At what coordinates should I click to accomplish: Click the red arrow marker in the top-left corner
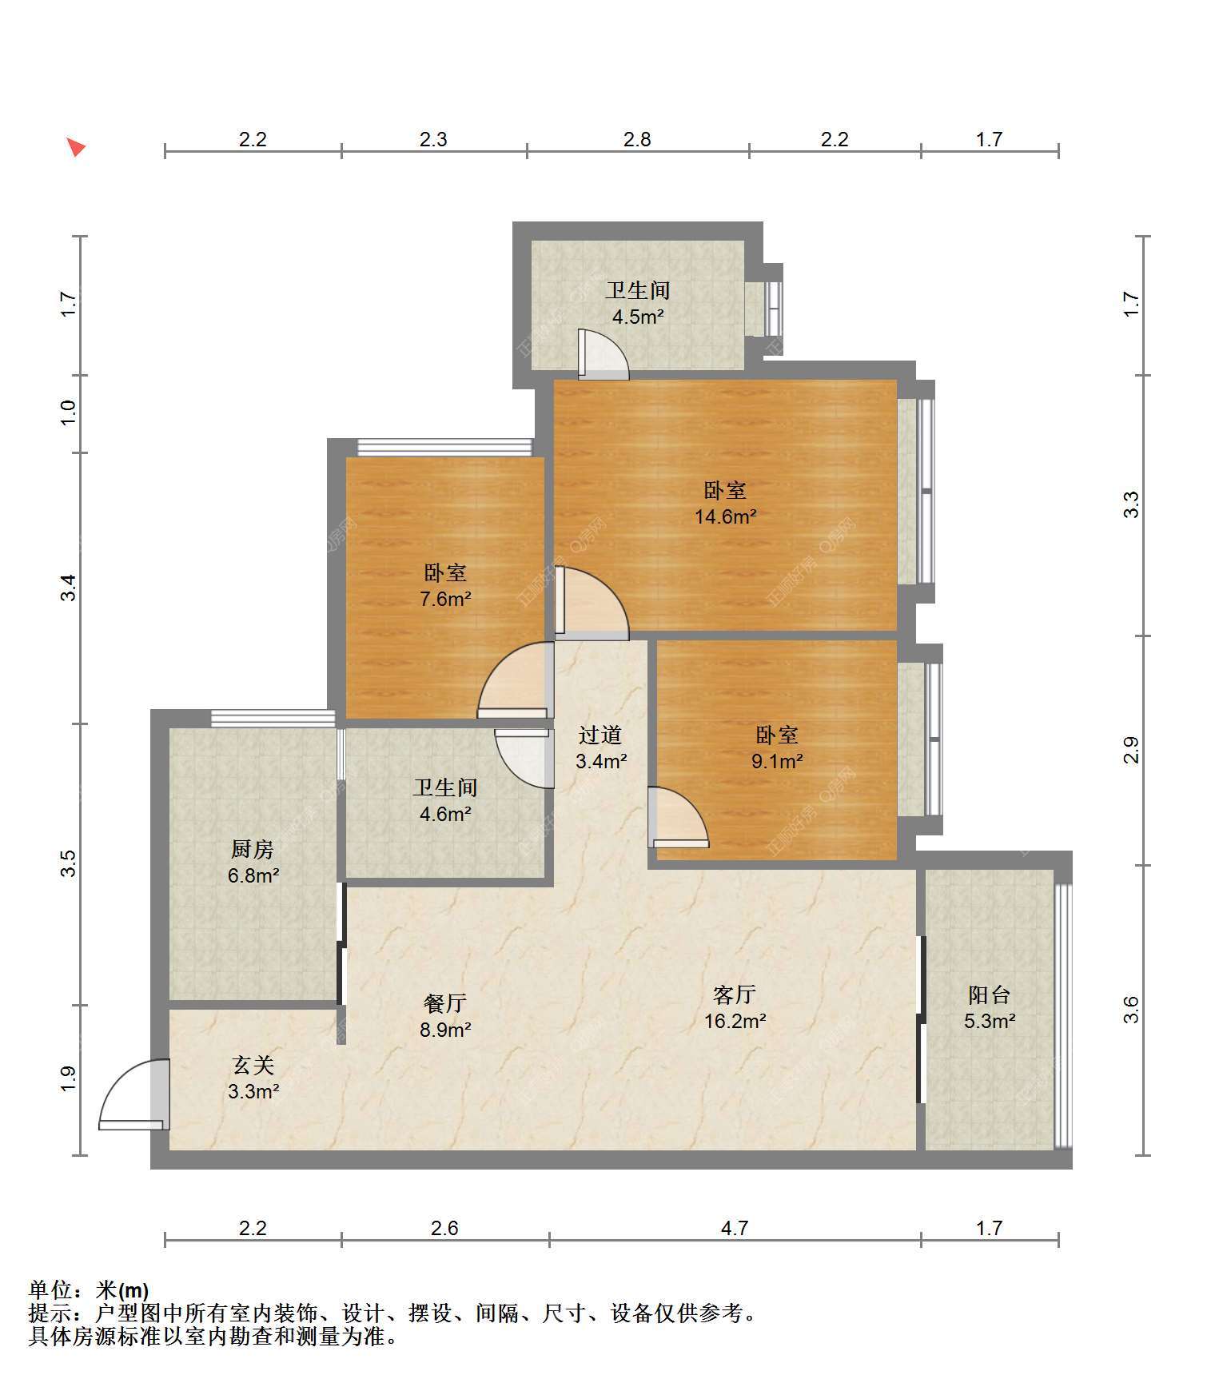coord(76,147)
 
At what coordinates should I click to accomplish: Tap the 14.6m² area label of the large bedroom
coord(725,516)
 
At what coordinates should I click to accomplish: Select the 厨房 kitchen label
coord(253,849)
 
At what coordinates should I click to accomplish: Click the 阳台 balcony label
coord(989,994)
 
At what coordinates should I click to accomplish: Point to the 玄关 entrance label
coord(253,1065)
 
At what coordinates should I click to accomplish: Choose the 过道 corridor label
coord(600,735)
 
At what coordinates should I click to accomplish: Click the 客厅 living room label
coord(735,994)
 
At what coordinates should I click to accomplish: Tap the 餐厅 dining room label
coord(445,1003)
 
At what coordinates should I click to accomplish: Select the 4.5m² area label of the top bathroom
coord(638,317)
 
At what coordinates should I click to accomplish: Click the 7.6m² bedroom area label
coord(445,599)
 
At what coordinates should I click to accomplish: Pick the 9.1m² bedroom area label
coord(777,761)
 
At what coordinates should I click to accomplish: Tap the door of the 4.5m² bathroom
coord(604,354)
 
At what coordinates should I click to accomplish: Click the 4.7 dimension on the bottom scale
coord(735,1228)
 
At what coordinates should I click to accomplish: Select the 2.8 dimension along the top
coord(637,139)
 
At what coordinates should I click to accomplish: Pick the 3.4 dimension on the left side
coord(70,588)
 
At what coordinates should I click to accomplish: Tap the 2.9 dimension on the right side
coord(1131,750)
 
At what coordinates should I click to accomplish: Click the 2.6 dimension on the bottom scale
coord(444,1228)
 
